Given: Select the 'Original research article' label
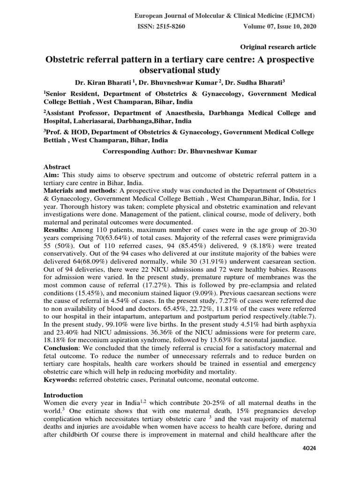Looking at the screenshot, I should [278, 47].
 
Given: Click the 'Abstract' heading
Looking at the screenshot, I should [57, 167].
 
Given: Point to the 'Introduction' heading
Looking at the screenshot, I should [63, 395].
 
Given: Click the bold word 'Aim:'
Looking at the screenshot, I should [51, 175].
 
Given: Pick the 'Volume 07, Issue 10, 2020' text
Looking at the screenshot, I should [280, 27].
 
